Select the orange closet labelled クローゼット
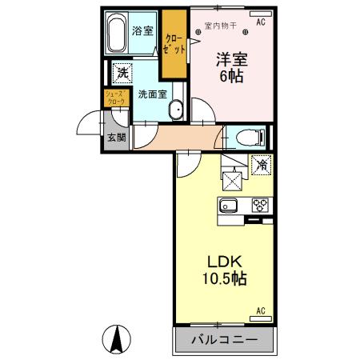(x=174, y=43)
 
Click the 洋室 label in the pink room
(x=228, y=59)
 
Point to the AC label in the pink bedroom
(x=261, y=23)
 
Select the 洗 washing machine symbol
(x=121, y=73)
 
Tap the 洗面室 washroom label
(x=152, y=94)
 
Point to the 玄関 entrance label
(x=116, y=137)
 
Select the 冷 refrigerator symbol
(x=262, y=166)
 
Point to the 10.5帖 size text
(x=225, y=280)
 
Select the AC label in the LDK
(x=261, y=311)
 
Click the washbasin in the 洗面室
(x=178, y=110)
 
